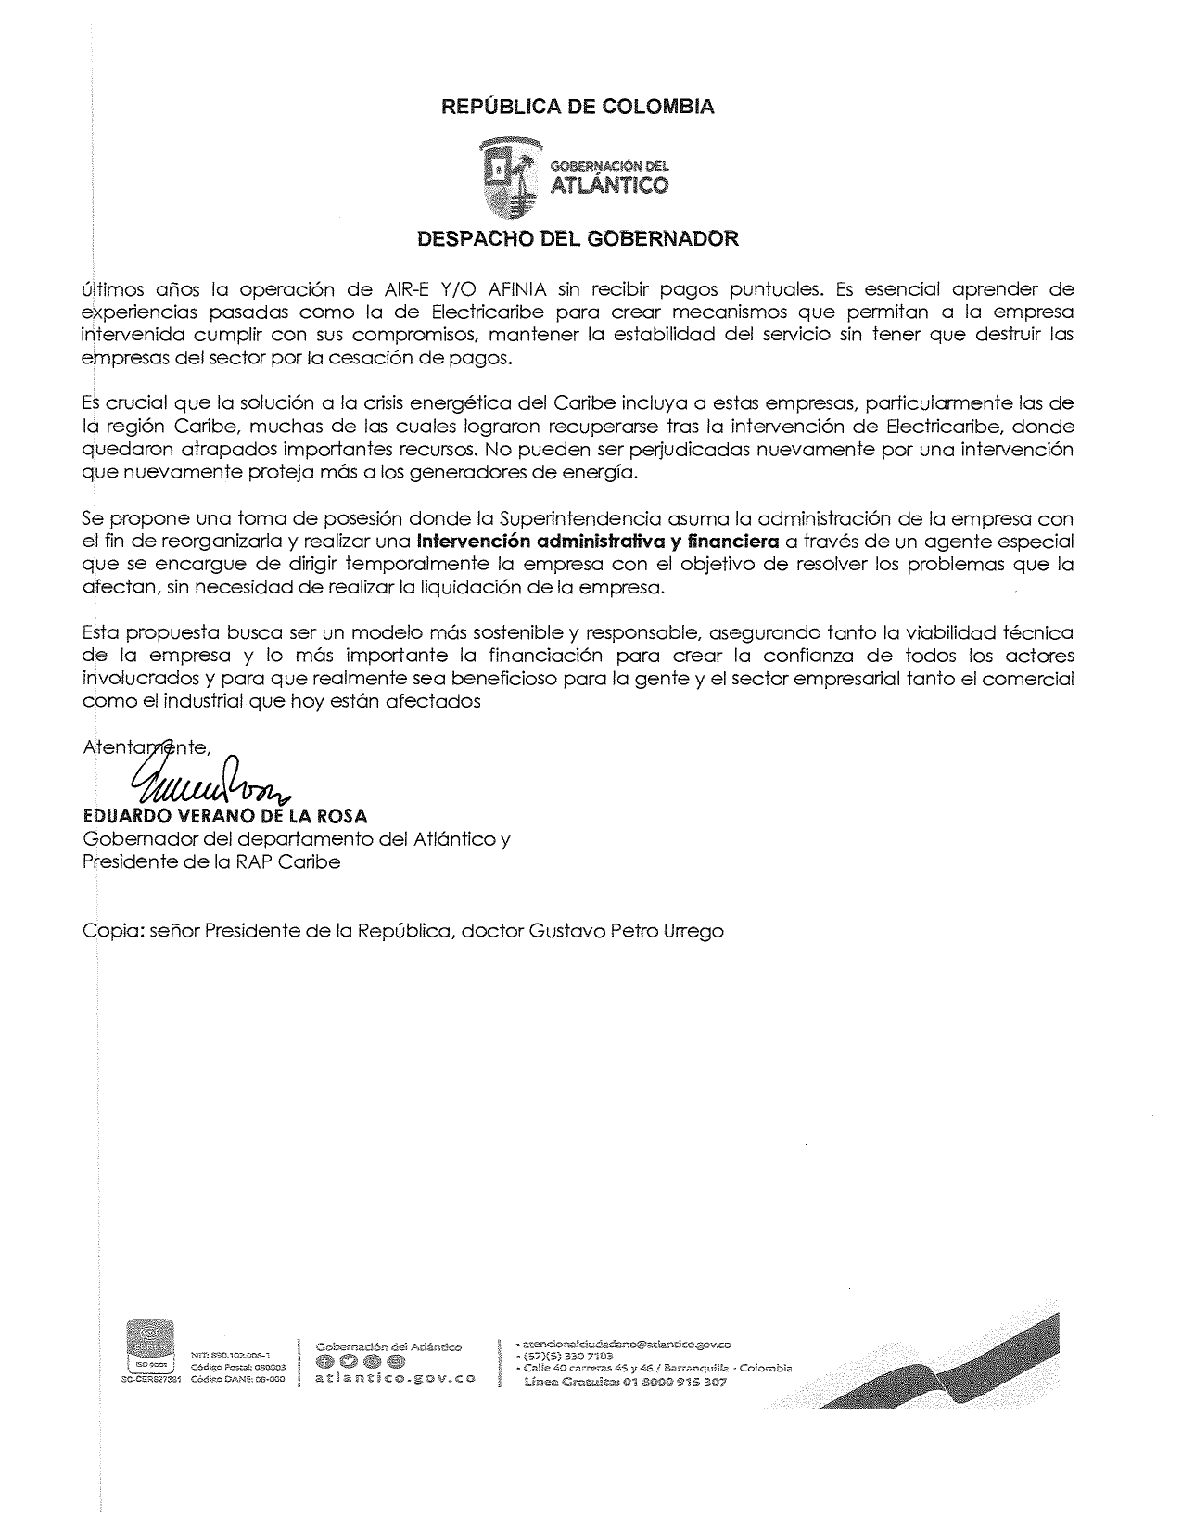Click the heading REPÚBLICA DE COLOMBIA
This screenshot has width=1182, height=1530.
577,107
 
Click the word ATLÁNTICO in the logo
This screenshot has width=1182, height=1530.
609,186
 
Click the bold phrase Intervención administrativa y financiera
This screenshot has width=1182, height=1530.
598,541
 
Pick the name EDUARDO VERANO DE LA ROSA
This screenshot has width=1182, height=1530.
225,816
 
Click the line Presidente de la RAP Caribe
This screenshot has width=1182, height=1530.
211,861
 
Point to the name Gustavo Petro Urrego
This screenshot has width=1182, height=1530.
626,930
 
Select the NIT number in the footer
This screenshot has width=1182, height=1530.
229,1355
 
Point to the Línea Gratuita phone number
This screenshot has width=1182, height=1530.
626,1382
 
